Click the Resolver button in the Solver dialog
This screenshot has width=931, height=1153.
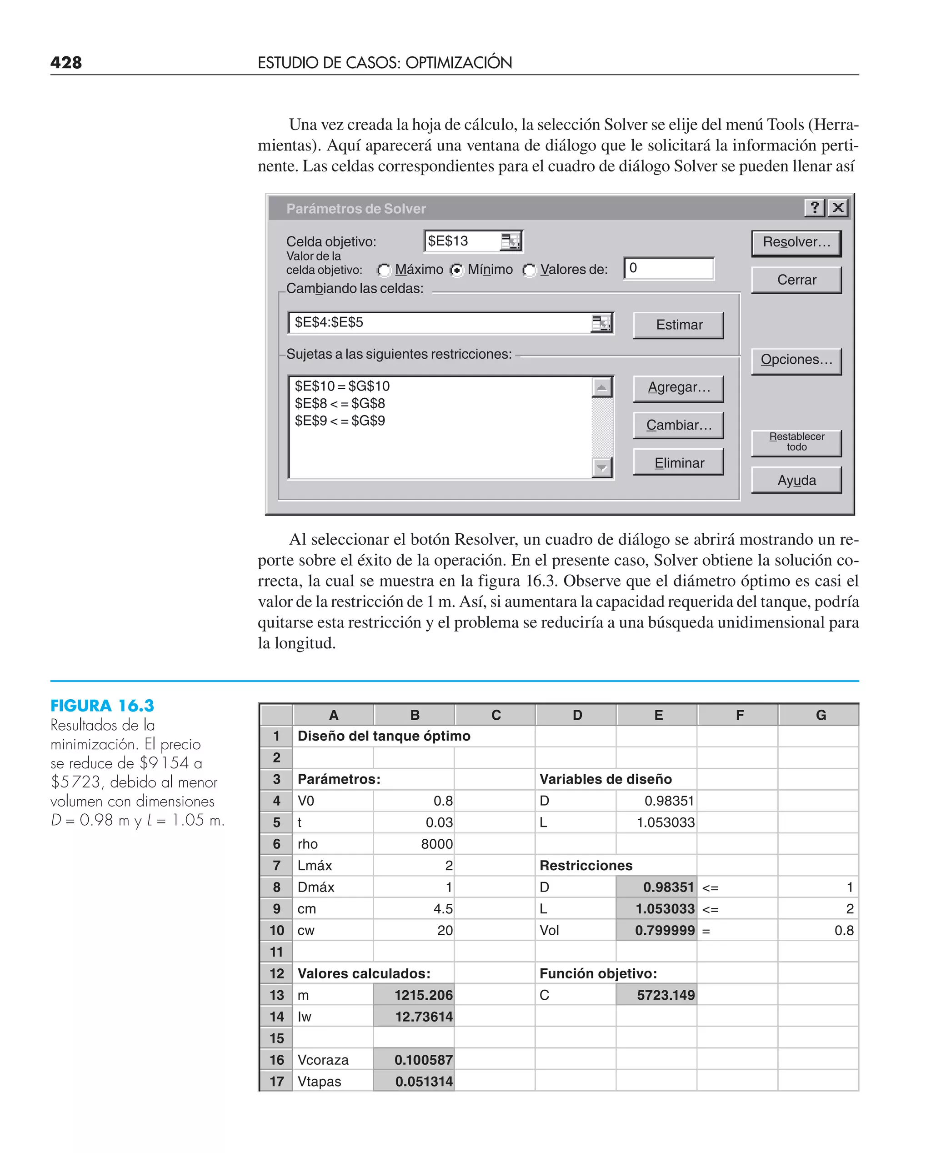[x=796, y=242]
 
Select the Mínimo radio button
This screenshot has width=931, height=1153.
[x=456, y=270]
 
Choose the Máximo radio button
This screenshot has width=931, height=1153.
[x=384, y=270]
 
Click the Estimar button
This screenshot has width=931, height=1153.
[x=678, y=325]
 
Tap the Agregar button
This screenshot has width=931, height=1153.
[x=678, y=388]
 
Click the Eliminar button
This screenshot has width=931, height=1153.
[x=678, y=463]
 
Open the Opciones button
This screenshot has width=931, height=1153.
[x=796, y=360]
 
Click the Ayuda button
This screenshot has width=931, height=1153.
[x=796, y=481]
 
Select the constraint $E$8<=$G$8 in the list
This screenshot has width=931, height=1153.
[x=340, y=404]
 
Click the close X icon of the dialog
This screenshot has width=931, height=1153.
[x=838, y=207]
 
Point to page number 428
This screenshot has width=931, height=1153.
[x=66, y=63]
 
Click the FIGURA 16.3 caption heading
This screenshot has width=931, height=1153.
[x=102, y=706]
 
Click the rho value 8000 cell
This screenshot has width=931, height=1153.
[x=414, y=844]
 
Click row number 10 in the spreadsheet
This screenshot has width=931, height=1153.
[x=277, y=930]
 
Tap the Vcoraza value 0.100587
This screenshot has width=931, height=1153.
[x=414, y=1060]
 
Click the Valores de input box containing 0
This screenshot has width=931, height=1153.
[x=669, y=269]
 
